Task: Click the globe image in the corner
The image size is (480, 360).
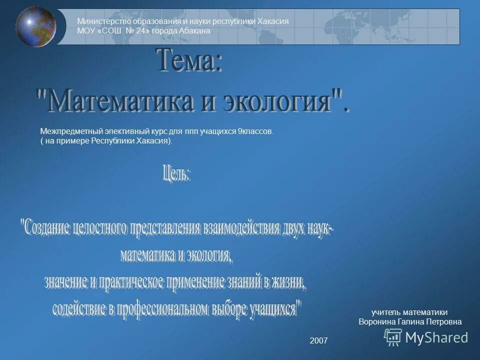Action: point(35,26)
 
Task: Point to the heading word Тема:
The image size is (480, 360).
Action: point(190,61)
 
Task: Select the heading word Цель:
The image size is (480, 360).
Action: point(176,174)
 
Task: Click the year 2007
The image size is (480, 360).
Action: point(318,340)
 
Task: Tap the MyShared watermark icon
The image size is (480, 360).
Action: point(392,337)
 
